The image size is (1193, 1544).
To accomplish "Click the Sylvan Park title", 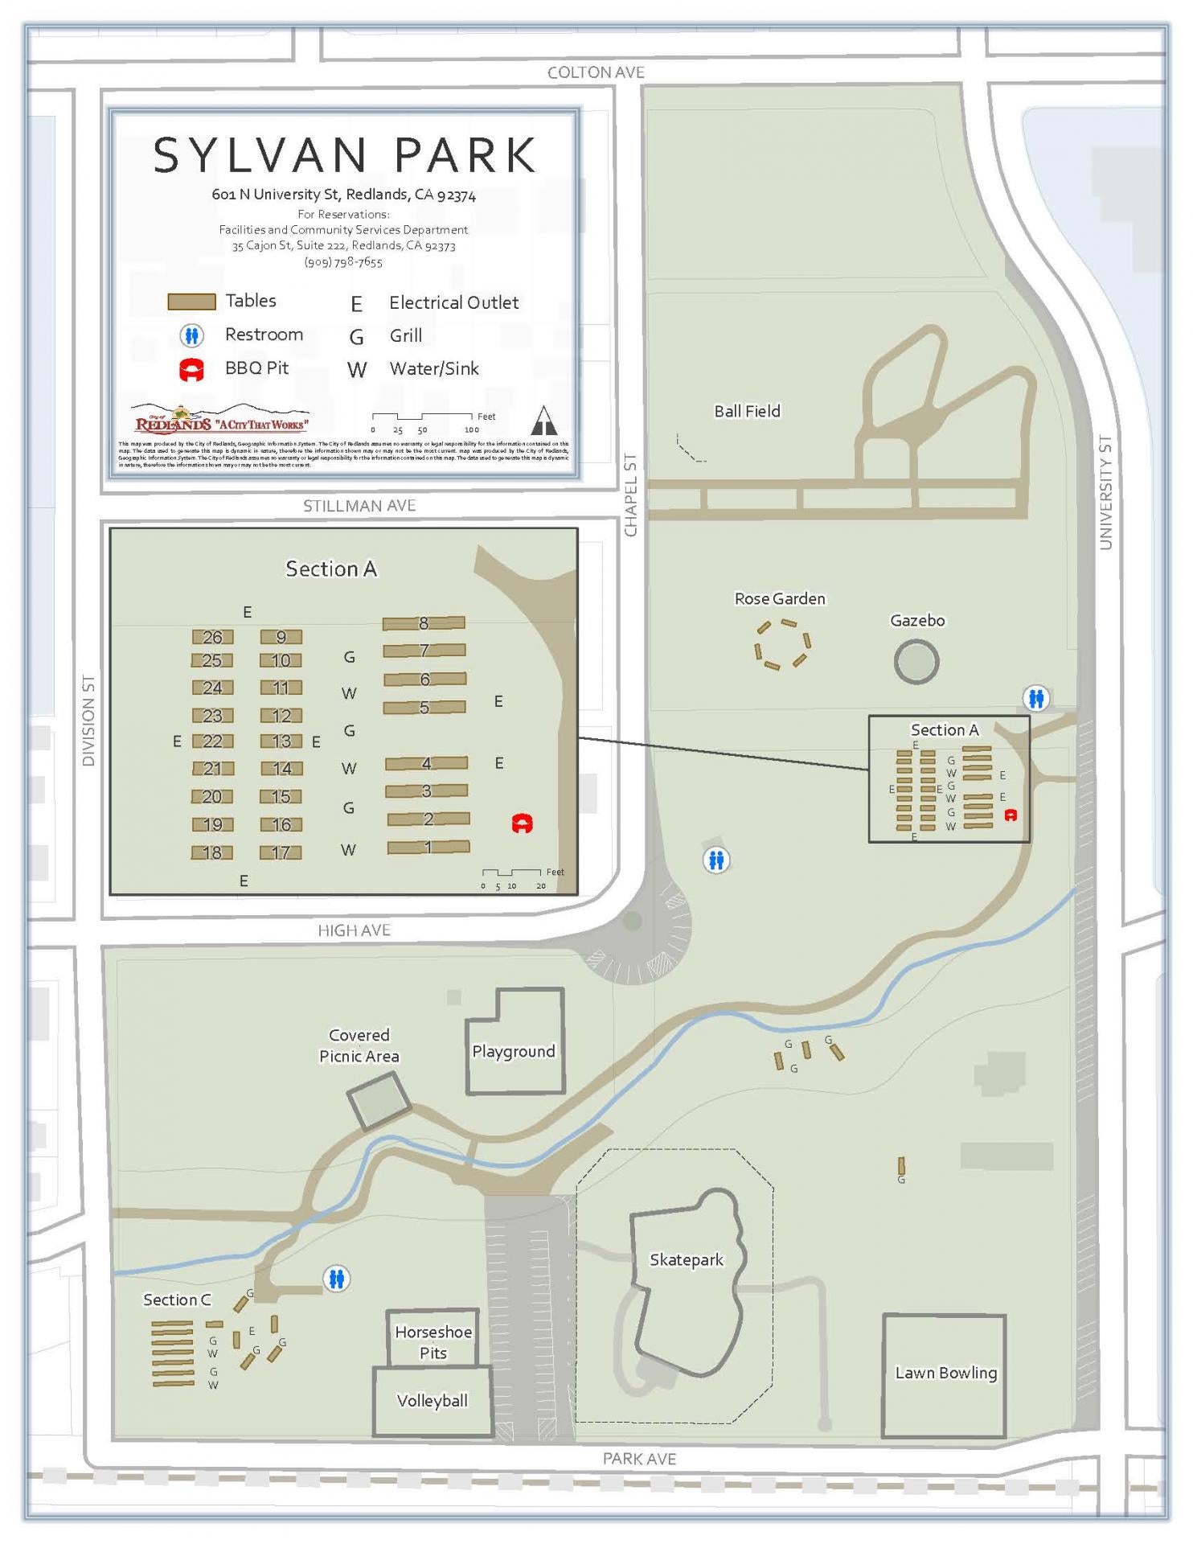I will pyautogui.click(x=344, y=154).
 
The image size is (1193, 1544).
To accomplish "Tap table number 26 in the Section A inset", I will pyautogui.click(x=212, y=637).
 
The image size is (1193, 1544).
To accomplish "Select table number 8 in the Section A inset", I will pyautogui.click(x=424, y=622).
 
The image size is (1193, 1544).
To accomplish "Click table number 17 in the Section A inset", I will pyautogui.click(x=281, y=852).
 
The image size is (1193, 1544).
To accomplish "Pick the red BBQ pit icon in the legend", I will pyautogui.click(x=191, y=370).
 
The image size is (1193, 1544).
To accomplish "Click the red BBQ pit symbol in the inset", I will pyautogui.click(x=523, y=823).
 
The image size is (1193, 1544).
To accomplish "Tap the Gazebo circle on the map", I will pyautogui.click(x=916, y=662).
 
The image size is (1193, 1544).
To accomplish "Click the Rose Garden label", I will pyautogui.click(x=780, y=598).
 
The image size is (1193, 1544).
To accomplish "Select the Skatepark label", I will pyautogui.click(x=687, y=1260).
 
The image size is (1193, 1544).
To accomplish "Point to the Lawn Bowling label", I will pyautogui.click(x=946, y=1373).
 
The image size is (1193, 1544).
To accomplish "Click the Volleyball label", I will pyautogui.click(x=433, y=1400).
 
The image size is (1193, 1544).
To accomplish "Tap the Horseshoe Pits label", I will pyautogui.click(x=433, y=1342).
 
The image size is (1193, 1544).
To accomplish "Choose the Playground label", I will pyautogui.click(x=514, y=1051).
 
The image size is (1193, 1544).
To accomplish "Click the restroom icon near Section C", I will pyautogui.click(x=337, y=1279).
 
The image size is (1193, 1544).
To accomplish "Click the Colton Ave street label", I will pyautogui.click(x=596, y=72).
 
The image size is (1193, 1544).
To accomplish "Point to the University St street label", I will pyautogui.click(x=1106, y=492).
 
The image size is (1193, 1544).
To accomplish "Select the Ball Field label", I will pyautogui.click(x=747, y=411).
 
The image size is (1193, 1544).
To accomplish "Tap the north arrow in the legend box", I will pyautogui.click(x=544, y=420).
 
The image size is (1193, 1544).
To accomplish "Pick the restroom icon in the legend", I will pyautogui.click(x=191, y=335).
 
